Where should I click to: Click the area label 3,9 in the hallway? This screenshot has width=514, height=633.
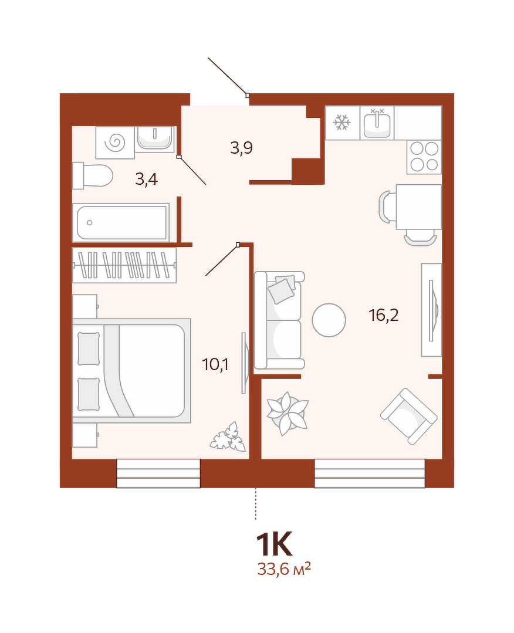tap(242, 148)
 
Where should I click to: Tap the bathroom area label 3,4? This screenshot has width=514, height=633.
tap(147, 179)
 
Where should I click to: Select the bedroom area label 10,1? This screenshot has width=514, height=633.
tap(215, 365)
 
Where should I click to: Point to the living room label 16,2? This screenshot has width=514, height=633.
tap(384, 315)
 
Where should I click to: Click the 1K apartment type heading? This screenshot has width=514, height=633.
tap(274, 544)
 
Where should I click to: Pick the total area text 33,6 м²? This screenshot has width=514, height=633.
tap(284, 569)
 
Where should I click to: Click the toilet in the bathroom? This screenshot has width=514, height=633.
tap(93, 175)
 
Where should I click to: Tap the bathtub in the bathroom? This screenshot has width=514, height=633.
tap(121, 222)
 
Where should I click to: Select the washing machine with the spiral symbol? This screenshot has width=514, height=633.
tap(114, 142)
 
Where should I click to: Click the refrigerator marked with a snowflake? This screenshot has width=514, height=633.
tap(343, 123)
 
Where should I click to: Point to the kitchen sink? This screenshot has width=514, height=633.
tap(377, 123)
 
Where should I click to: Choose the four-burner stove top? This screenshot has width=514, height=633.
tap(424, 157)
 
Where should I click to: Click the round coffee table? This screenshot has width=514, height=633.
tap(329, 320)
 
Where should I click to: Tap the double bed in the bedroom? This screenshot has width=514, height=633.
tap(131, 371)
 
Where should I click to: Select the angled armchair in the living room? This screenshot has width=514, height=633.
tap(408, 417)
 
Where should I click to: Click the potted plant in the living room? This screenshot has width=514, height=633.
tap(288, 414)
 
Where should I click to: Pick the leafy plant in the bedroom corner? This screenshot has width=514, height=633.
tap(228, 436)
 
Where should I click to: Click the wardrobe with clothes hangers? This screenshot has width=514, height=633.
tap(124, 265)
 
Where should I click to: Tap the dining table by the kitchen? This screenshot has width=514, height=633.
tap(419, 207)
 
